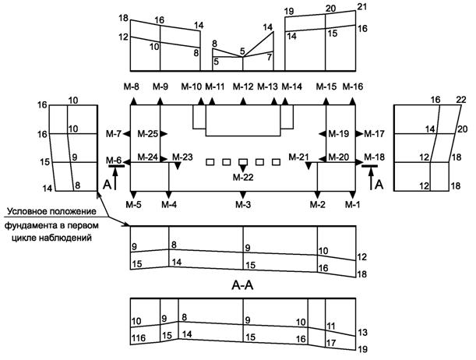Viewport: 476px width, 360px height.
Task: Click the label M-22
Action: (243, 178)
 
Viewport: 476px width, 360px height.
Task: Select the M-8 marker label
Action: (132, 86)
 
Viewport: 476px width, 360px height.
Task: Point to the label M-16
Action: (353, 86)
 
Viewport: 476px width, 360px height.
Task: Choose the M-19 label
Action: (338, 134)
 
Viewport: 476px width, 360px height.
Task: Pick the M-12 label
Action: (243, 86)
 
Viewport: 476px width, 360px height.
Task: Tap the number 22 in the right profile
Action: (460, 100)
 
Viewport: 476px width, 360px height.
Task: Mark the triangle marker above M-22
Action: (243, 168)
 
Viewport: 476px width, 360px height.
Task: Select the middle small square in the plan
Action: (243, 162)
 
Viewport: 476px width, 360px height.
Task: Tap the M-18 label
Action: (374, 158)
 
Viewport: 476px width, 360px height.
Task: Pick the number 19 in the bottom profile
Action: (361, 349)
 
